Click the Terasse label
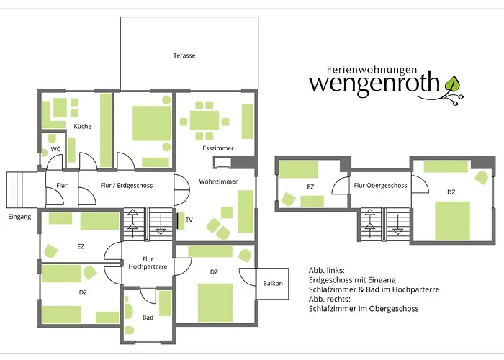[x=184, y=55]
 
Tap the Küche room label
[x=82, y=126]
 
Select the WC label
[x=55, y=150]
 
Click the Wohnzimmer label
[x=217, y=181]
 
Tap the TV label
[x=189, y=220]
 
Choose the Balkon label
[x=273, y=283]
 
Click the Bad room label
[x=148, y=317]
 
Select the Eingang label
[x=19, y=216]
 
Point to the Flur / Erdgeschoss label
[x=127, y=186]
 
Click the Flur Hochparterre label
[x=148, y=263]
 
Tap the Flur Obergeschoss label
[x=380, y=186]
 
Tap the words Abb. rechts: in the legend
[x=330, y=299]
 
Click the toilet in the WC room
[x=52, y=140]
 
